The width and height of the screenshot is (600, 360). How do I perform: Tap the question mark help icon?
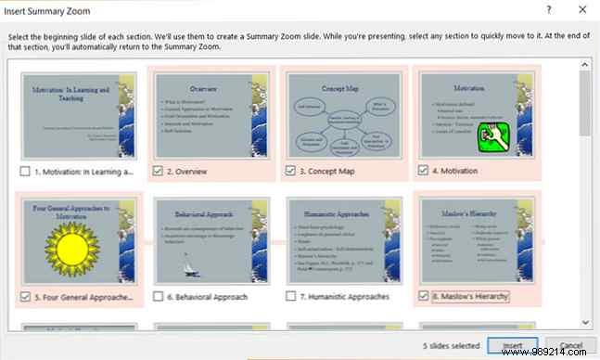pyautogui.click(x=548, y=9)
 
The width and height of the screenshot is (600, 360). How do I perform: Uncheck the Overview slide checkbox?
pyautogui.click(x=159, y=171)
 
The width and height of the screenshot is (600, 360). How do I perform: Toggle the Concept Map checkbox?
pyautogui.click(x=291, y=171)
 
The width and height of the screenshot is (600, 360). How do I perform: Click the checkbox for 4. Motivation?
pyautogui.click(x=424, y=171)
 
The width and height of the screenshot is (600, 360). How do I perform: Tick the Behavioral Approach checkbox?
pyautogui.click(x=159, y=297)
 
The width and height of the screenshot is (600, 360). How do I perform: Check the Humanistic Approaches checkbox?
pyautogui.click(x=291, y=297)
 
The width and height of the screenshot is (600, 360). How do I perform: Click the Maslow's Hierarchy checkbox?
pyautogui.click(x=424, y=297)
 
